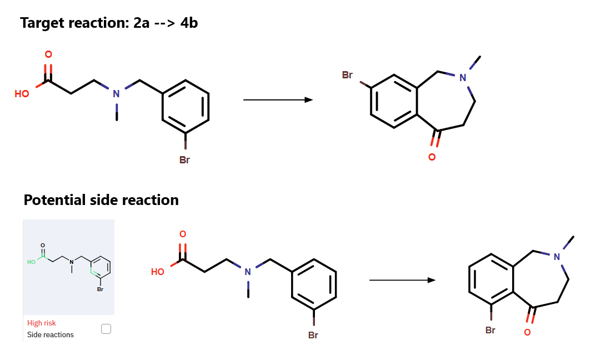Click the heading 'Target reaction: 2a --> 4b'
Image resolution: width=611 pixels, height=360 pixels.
[109, 23]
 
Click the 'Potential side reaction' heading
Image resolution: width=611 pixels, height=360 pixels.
[101, 200]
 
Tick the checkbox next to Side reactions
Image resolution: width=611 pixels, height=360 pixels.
[106, 329]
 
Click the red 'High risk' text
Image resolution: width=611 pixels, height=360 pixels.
[42, 323]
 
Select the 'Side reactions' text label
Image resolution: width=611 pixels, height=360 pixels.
[51, 334]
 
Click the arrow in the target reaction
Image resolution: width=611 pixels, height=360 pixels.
[278, 100]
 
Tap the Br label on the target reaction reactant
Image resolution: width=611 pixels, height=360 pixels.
[185, 160]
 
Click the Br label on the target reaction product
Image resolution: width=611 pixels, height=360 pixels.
[347, 75]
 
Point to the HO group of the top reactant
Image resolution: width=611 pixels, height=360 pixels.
[22, 94]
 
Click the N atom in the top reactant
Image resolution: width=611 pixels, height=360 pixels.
[116, 93]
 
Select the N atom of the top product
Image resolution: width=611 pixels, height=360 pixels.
[463, 78]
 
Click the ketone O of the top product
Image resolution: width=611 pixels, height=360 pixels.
[432, 157]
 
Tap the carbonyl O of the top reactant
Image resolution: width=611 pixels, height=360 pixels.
[48, 54]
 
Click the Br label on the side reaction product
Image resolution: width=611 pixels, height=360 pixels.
[490, 330]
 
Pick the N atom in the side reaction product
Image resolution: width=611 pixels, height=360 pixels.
[557, 256]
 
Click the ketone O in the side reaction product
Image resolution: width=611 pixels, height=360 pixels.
[527, 332]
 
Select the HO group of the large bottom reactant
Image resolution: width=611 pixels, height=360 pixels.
[158, 272]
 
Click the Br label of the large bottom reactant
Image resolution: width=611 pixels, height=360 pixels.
[313, 335]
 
